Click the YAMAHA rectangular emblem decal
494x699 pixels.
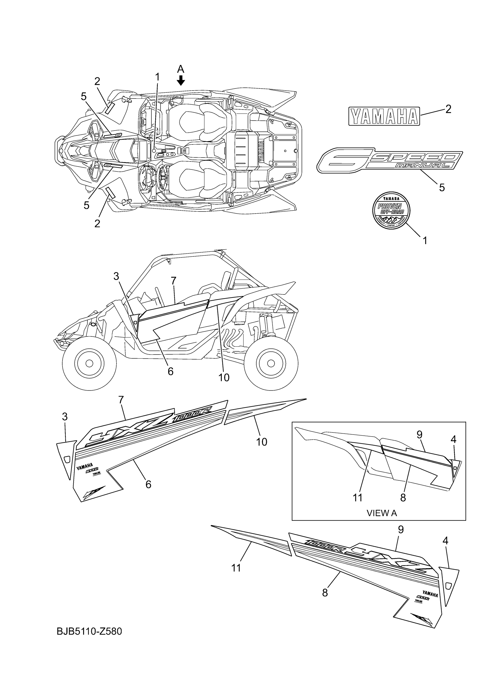click(x=384, y=116)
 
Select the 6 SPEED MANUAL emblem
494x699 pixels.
click(x=390, y=160)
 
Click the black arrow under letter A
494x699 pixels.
click(x=181, y=81)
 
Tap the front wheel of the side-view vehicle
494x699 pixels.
click(x=89, y=363)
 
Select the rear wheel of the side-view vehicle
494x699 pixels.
click(x=271, y=363)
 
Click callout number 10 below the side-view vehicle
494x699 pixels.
click(x=224, y=378)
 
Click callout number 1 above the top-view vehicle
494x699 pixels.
click(x=157, y=77)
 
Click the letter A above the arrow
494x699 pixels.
click(x=181, y=69)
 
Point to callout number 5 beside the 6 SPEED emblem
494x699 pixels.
click(x=442, y=187)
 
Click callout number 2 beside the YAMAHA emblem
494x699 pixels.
click(x=448, y=109)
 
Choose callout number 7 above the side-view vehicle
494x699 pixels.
click(x=173, y=281)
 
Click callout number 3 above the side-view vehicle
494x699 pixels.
click(x=116, y=276)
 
